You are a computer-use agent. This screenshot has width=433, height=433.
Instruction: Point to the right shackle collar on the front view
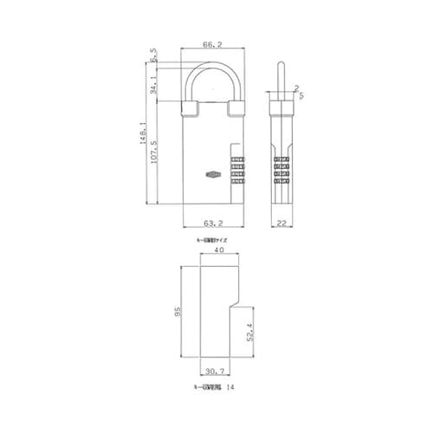(236, 108)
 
